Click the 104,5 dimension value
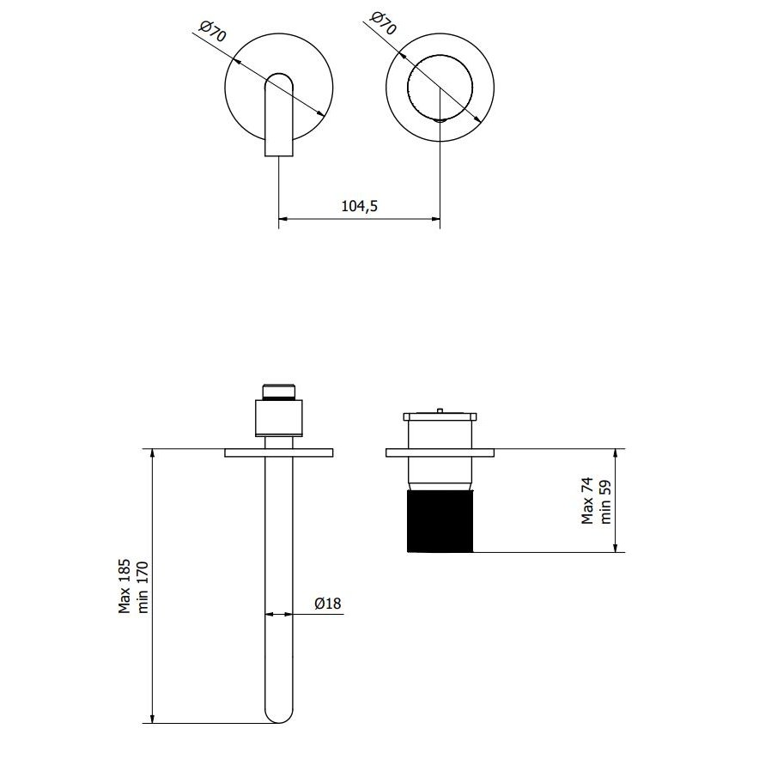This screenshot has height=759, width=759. [x=359, y=206]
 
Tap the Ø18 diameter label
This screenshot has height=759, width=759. [x=328, y=603]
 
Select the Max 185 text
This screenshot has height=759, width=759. [x=124, y=586]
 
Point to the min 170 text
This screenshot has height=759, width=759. [x=143, y=587]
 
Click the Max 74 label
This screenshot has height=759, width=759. [x=587, y=501]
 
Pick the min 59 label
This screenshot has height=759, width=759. [x=605, y=502]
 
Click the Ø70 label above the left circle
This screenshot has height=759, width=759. [x=213, y=31]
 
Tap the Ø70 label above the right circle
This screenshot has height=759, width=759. [x=383, y=23]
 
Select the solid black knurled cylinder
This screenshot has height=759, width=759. [x=440, y=522]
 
